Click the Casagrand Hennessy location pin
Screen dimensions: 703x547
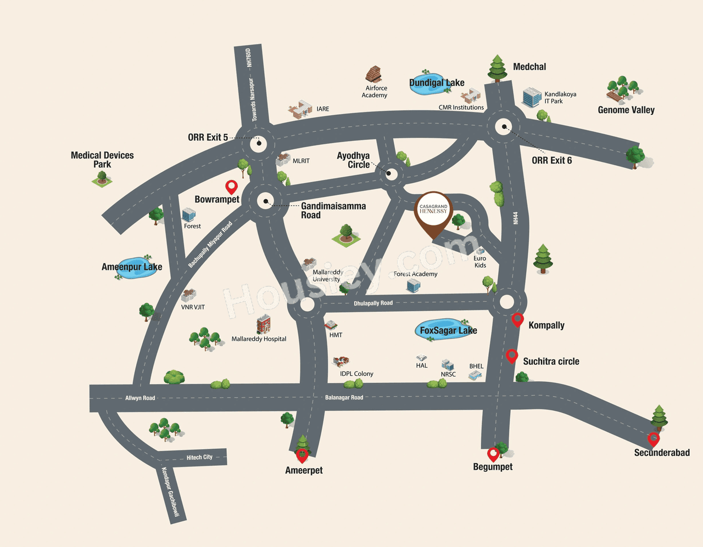coord(433,213)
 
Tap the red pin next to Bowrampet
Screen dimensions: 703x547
coord(231,188)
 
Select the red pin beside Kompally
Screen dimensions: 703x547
coord(517,320)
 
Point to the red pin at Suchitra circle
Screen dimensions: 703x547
coord(512,356)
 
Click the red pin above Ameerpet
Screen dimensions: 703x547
coord(302,455)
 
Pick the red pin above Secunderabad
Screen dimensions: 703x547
coord(654,439)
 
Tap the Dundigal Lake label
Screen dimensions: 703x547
coord(437,83)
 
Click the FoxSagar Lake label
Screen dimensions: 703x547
coord(448,330)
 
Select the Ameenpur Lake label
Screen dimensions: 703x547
coord(132,267)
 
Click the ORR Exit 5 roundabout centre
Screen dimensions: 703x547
coord(259,143)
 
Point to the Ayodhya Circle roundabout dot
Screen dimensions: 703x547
coord(389,173)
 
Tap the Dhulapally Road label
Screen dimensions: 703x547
coord(373,303)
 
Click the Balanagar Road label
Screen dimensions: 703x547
coord(344,397)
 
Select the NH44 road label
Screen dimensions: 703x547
coord(515,218)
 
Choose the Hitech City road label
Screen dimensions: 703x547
coord(199,457)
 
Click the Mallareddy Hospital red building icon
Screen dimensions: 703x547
coord(264,324)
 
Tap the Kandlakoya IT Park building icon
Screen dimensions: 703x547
coord(531,97)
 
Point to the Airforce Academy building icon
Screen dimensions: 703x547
coord(373,74)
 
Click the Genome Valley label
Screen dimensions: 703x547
coord(626,110)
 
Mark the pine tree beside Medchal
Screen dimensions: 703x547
coord(497,69)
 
